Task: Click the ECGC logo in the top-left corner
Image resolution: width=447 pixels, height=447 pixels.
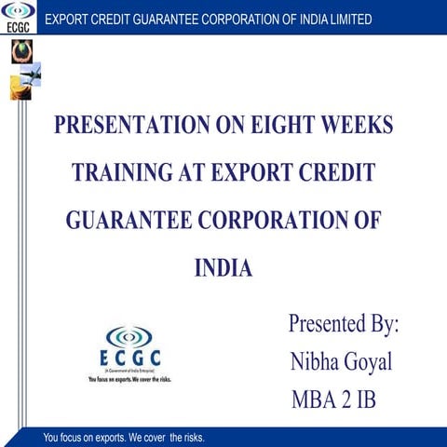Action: [x=16, y=18]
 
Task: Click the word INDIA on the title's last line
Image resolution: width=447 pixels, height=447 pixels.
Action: [x=223, y=268]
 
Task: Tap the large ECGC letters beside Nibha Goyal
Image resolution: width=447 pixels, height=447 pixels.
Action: [x=130, y=359]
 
